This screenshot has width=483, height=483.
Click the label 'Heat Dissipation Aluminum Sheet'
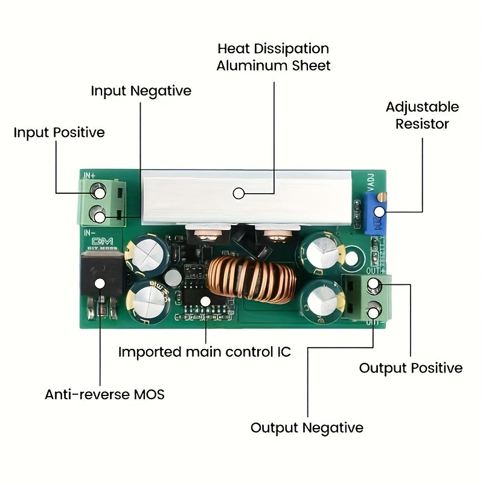[x=273, y=57]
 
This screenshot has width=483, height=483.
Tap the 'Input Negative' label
[x=141, y=91]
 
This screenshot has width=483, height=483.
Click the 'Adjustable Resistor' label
[x=422, y=115]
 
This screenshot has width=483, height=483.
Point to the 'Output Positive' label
[x=411, y=368]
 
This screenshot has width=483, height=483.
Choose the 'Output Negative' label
[x=307, y=428]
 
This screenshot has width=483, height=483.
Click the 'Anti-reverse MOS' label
[x=104, y=395]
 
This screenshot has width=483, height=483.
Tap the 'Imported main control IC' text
[x=204, y=352]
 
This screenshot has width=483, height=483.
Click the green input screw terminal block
[x=103, y=202]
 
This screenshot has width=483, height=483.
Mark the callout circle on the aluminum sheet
[x=238, y=193]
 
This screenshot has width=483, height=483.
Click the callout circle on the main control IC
[x=205, y=300]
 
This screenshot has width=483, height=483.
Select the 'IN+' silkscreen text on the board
[x=89, y=175]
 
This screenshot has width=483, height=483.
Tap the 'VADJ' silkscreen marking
[x=369, y=181]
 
